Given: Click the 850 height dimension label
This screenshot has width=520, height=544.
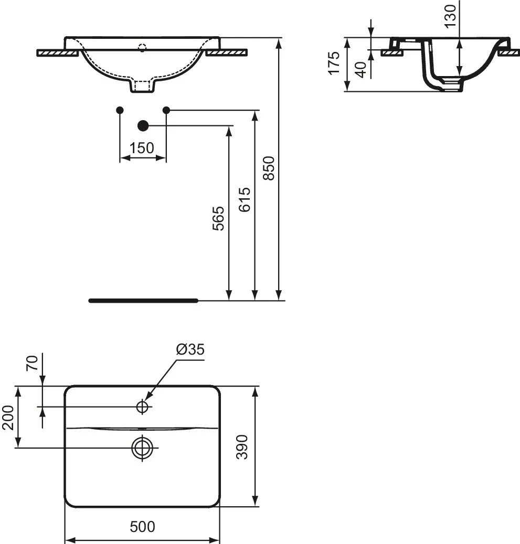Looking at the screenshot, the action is coord(269,168).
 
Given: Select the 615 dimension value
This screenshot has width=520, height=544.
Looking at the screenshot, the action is coord(245,199).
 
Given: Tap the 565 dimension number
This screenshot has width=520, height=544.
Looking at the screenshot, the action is coord(218,219).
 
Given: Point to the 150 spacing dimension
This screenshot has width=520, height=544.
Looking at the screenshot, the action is coord(142,148).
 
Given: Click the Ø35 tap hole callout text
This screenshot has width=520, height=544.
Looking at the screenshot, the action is coord(190,349).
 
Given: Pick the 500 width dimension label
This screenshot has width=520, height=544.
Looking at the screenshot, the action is coord(142,527).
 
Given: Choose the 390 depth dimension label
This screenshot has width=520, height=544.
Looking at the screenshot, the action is coord(242,447).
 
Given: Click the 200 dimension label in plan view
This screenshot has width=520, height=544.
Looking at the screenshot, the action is coord(8,418).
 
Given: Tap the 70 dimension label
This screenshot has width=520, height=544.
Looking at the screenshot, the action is coord(33,363).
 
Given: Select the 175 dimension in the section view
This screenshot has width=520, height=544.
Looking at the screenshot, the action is coord(334,63).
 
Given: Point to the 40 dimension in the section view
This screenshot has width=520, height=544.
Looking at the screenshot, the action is coord(362,70).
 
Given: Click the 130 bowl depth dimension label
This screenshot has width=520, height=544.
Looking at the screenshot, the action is coord(450,16).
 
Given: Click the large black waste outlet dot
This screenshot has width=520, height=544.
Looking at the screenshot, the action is coord(143,125).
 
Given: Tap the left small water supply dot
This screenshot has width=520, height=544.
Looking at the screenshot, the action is coord(120,110).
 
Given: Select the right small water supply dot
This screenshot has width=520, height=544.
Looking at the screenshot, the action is coord(166,110).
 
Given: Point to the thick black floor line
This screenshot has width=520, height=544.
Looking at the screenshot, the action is coord(143,301).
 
